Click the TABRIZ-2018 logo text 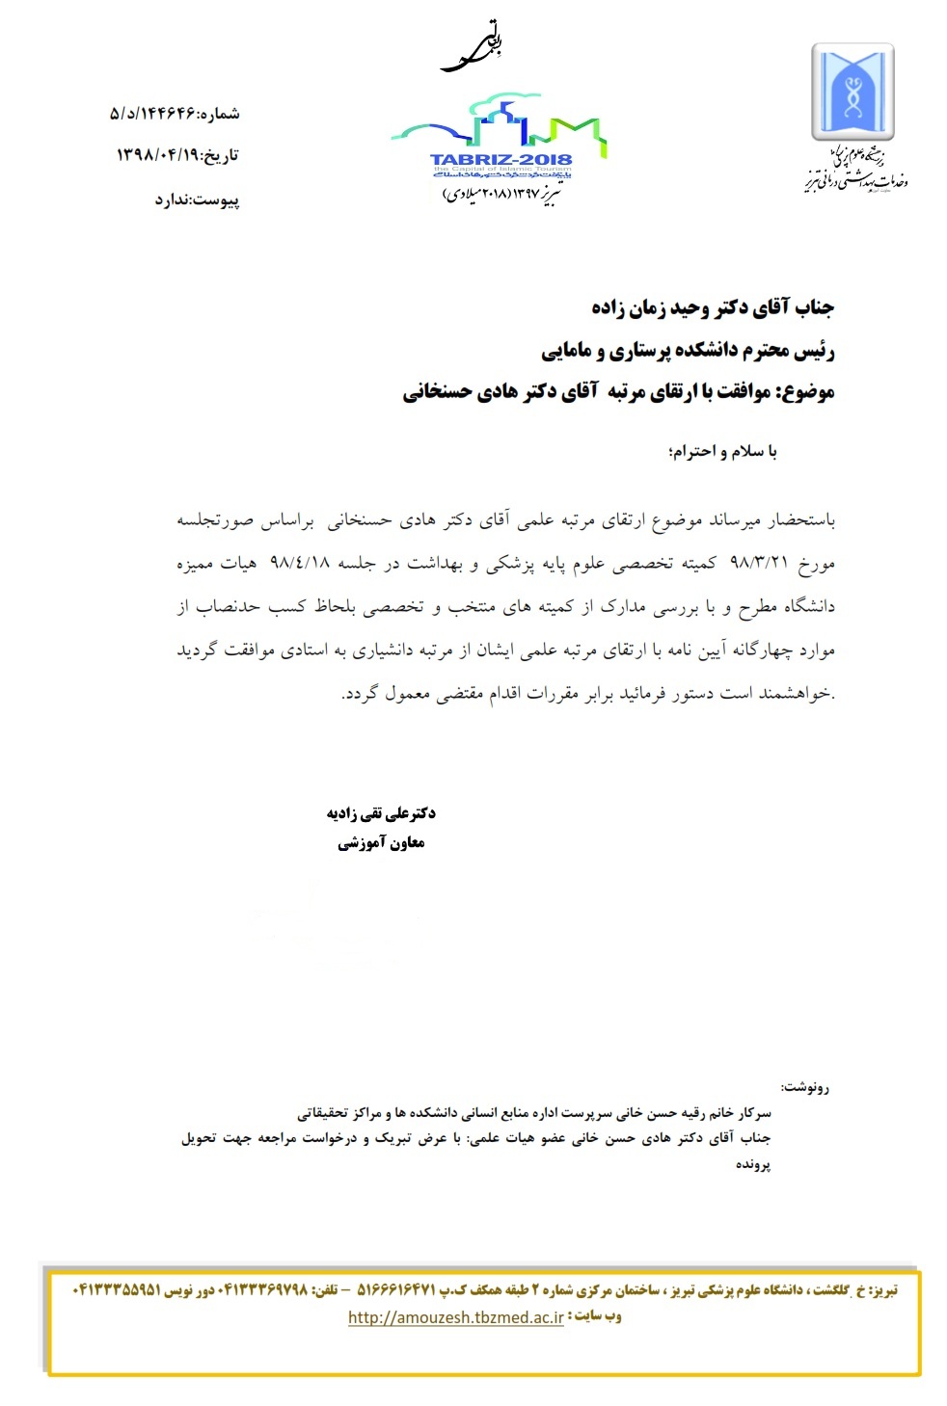(x=501, y=159)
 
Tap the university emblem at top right (x=852, y=92)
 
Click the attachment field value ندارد (x=174, y=200)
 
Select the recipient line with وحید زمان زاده (x=713, y=308)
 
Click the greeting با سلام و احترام (x=722, y=451)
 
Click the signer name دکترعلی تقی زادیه (x=381, y=813)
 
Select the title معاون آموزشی (x=381, y=843)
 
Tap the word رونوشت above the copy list (x=806, y=1087)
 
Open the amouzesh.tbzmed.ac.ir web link (x=455, y=1317)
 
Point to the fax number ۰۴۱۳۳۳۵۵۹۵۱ (x=117, y=1290)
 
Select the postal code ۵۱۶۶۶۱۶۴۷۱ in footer (x=396, y=1290)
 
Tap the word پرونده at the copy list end (x=753, y=1164)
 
